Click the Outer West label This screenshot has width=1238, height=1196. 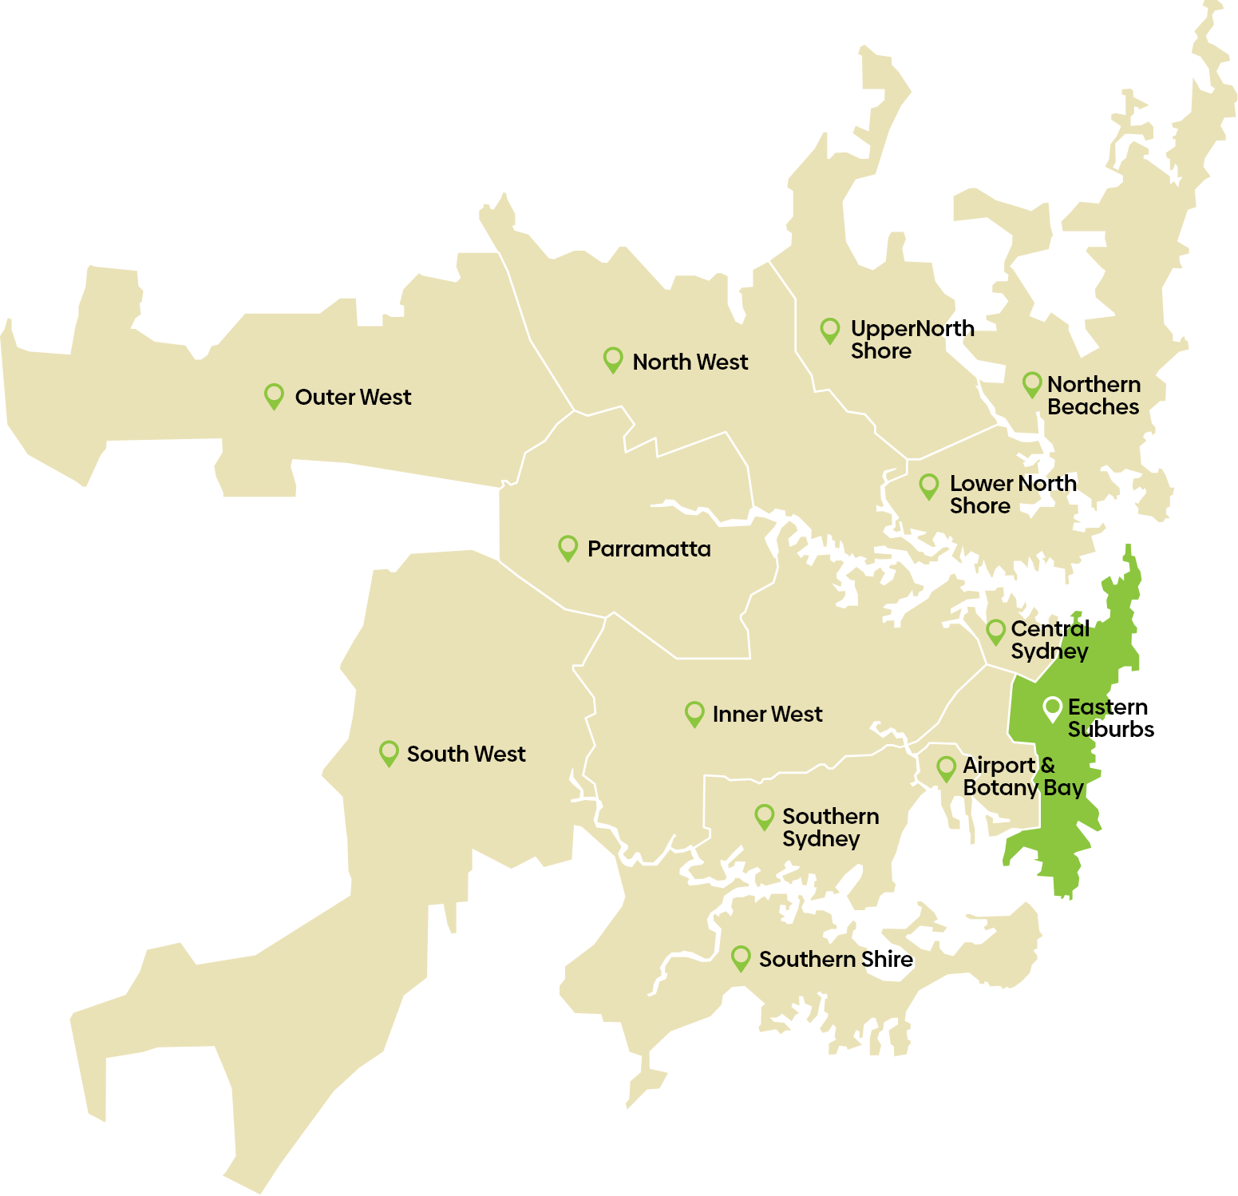coord(353,397)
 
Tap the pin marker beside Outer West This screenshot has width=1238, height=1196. coord(274,395)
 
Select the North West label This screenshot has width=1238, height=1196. coord(690,362)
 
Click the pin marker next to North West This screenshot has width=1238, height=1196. coord(612,358)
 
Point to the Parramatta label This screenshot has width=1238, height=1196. coord(648,548)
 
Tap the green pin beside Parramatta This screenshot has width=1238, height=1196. coord(568,547)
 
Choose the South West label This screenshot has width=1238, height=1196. coord(466,754)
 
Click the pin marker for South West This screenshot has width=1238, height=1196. coord(389,752)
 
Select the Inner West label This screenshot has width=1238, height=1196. coord(767,714)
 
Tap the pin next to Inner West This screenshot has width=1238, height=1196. coord(694,712)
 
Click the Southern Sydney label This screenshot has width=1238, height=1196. coord(830,827)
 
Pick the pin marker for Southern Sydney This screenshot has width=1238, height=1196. coord(764,815)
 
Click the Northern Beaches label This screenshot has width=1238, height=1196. coord(1094,395)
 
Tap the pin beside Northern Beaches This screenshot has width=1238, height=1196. coord(1032,384)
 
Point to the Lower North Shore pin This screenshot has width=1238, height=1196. coord(928,485)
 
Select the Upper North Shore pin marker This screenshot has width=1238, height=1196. coord(830,330)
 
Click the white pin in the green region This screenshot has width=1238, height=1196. coord(1052,708)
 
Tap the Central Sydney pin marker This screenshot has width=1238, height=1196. coord(995,631)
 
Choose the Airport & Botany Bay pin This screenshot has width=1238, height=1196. coord(946,768)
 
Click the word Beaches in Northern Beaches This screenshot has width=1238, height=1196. coord(1093,407)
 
